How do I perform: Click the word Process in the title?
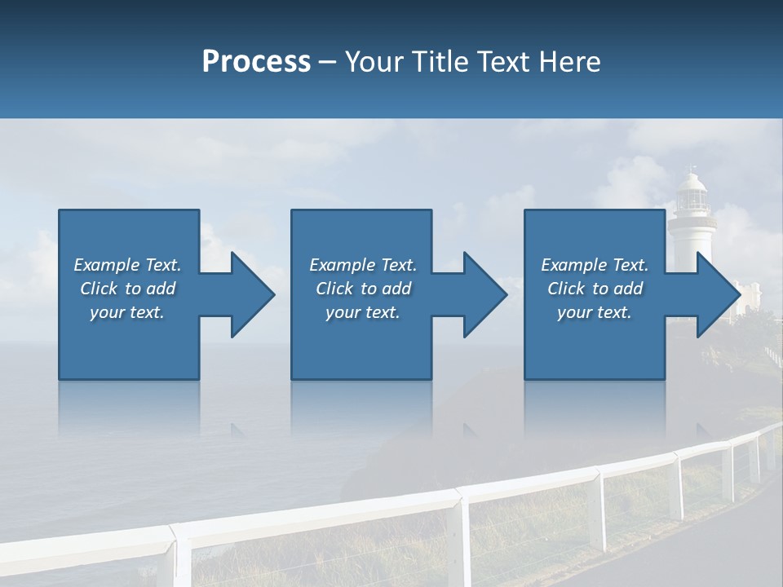256,62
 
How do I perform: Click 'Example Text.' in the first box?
127,265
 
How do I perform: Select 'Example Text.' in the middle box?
363,265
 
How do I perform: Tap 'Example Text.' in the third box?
595,265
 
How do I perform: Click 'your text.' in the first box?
127,312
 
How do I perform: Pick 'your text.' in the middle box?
363,312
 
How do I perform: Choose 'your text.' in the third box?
595,312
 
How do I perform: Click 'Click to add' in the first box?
127,289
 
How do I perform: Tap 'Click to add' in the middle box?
363,289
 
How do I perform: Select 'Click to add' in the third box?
595,289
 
